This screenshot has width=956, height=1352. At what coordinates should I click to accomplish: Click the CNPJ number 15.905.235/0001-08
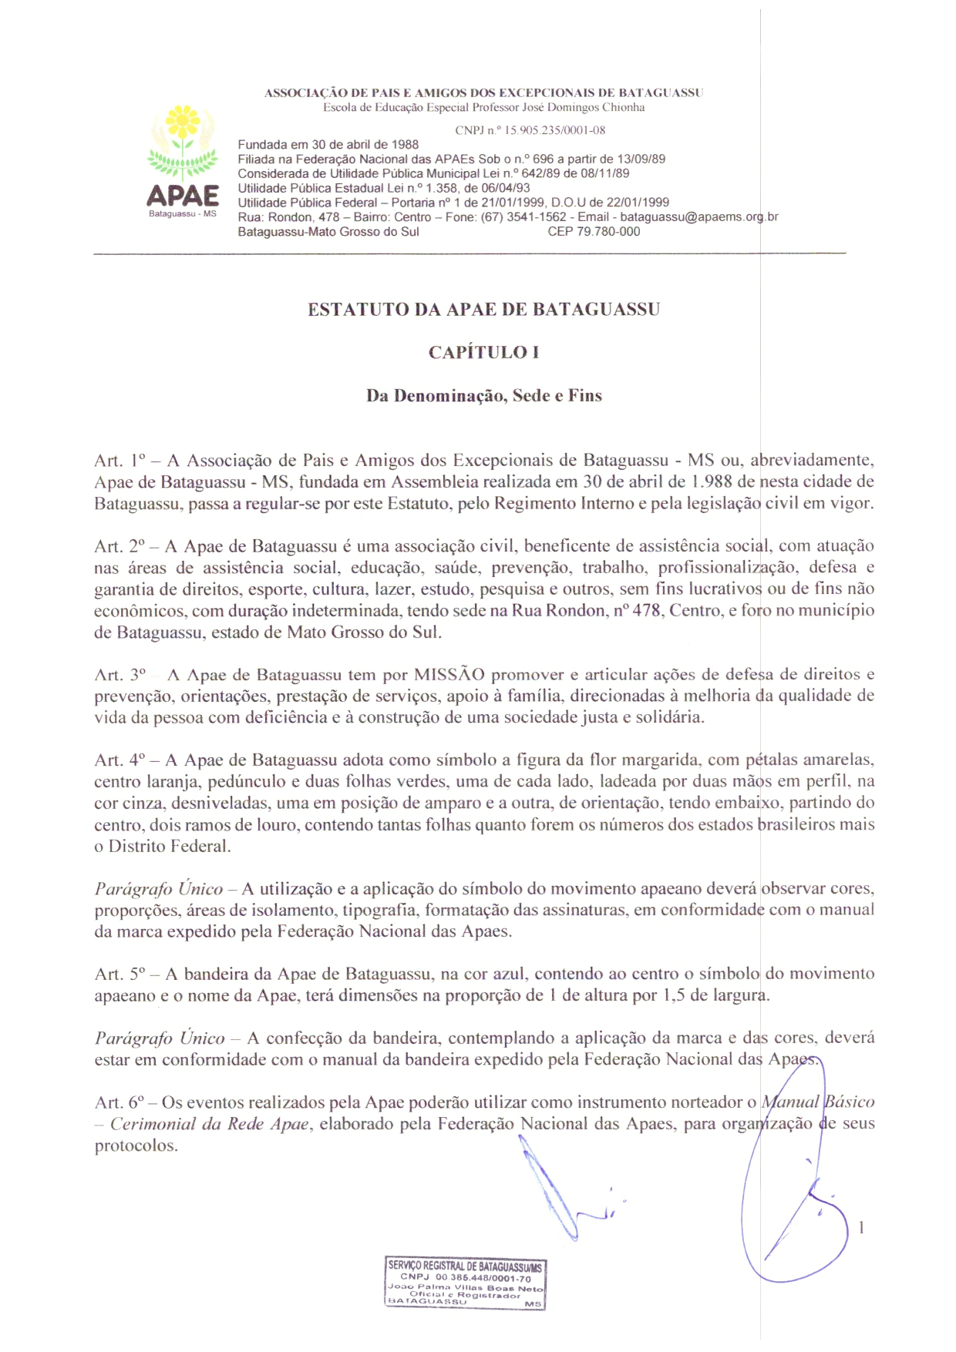tap(530, 130)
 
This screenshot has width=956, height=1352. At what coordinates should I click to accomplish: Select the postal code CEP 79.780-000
tap(594, 232)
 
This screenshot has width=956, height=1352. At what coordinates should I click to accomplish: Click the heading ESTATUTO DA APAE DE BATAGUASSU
tap(483, 310)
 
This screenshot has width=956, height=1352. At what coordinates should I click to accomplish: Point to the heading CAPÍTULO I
tap(483, 353)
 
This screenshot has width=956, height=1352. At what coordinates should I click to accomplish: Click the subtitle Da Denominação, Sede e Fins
tap(483, 396)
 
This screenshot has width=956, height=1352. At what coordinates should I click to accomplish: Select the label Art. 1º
tap(120, 461)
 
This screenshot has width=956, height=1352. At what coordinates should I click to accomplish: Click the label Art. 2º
tap(120, 546)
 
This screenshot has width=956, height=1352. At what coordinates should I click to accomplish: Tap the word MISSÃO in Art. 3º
tap(449, 675)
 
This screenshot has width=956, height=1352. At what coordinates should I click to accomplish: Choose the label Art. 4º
tap(120, 760)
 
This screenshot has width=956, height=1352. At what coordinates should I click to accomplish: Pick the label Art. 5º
tap(120, 975)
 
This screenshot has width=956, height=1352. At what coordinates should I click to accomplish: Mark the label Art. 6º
tap(120, 1102)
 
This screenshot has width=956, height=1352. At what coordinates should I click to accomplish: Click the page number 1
tap(861, 1228)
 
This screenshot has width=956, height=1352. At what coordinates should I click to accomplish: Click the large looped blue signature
tap(794, 1202)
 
